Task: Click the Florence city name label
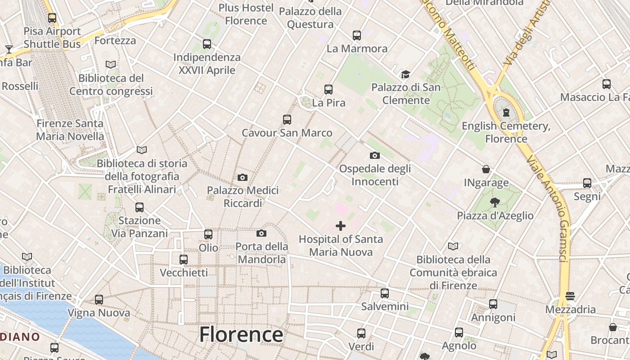click(241, 335)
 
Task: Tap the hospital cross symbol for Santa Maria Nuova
click(341, 226)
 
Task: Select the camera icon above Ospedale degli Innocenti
click(374, 156)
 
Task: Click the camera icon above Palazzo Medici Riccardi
click(243, 178)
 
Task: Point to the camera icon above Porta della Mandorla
click(261, 233)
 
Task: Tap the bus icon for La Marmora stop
click(357, 35)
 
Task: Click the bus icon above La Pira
click(328, 90)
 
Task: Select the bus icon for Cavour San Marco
click(287, 120)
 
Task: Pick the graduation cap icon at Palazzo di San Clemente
click(406, 74)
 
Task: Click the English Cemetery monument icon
click(506, 112)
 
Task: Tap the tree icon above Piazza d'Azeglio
click(495, 202)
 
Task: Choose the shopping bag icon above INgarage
click(486, 169)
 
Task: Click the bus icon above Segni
click(587, 183)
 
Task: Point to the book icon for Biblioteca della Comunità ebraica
click(453, 246)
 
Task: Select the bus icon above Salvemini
click(385, 293)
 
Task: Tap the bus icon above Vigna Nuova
click(99, 300)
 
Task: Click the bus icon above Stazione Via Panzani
click(139, 207)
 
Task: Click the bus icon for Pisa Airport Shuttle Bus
click(52, 18)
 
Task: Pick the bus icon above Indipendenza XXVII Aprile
click(207, 44)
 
